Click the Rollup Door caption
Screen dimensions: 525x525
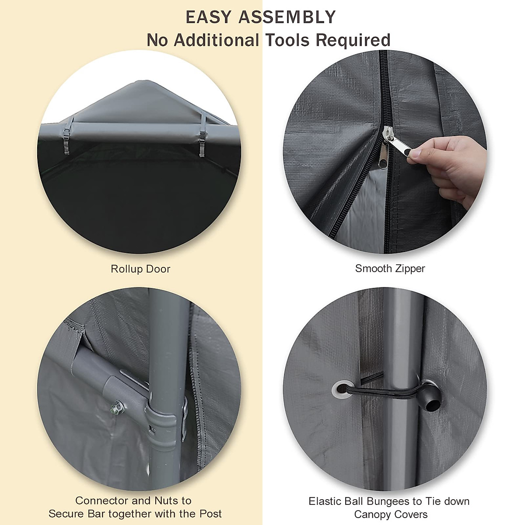(x=140, y=269)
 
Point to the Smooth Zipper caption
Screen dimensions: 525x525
(x=390, y=268)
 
